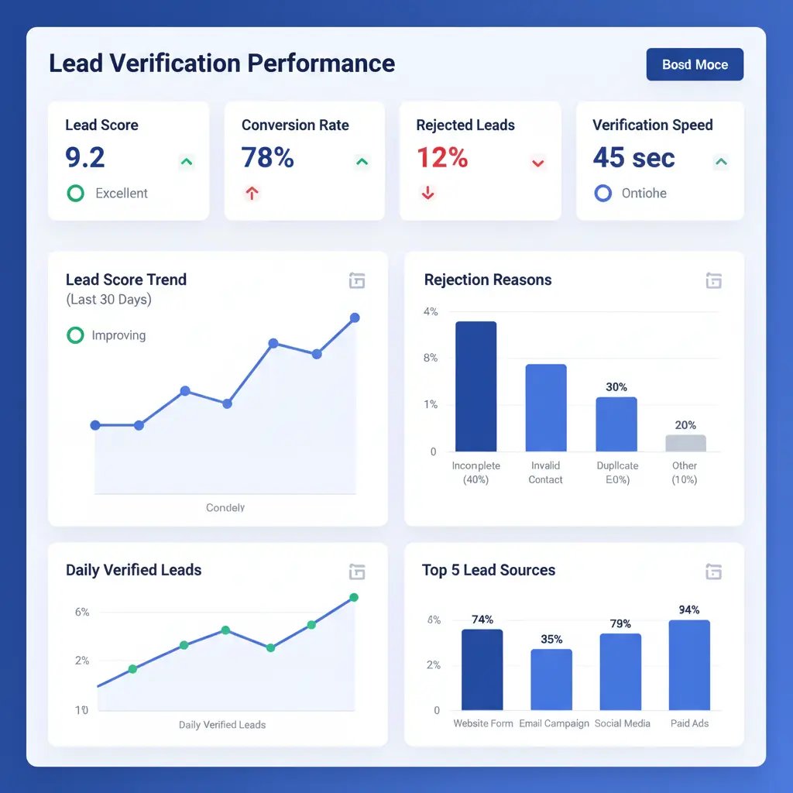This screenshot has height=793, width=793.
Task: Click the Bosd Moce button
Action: point(695,64)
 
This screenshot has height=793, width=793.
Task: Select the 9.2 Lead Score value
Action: point(85,157)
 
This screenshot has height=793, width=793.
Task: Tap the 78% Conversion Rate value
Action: point(268,157)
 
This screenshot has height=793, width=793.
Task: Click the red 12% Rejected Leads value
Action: point(442,157)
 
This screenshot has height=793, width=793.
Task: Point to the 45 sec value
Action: point(633,157)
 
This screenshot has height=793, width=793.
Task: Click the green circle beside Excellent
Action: point(75,193)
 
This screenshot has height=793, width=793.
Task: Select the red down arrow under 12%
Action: point(427,194)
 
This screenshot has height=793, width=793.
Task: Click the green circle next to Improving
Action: point(75,335)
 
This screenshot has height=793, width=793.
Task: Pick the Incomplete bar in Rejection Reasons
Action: point(475,386)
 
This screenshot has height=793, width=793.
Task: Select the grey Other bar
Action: point(685,443)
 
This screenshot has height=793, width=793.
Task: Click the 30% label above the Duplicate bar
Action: point(616,387)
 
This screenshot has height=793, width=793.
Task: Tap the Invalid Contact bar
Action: point(546,408)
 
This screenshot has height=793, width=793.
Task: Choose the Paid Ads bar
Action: point(689,665)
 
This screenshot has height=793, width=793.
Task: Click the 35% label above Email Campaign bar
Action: point(551,639)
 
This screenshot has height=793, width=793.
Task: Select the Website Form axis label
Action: point(482,723)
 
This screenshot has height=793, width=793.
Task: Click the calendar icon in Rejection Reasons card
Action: point(713,280)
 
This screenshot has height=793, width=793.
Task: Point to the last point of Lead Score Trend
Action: point(355,318)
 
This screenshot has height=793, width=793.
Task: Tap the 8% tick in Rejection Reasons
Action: point(431,358)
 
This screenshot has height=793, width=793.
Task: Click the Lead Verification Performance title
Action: point(221,64)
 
